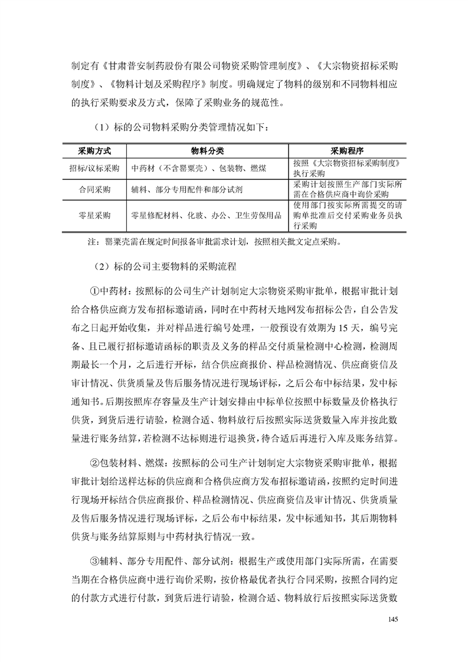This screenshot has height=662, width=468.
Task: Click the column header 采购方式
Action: click(94, 150)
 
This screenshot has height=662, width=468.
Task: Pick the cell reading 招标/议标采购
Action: click(94, 168)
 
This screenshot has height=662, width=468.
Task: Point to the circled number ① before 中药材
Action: click(94, 291)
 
